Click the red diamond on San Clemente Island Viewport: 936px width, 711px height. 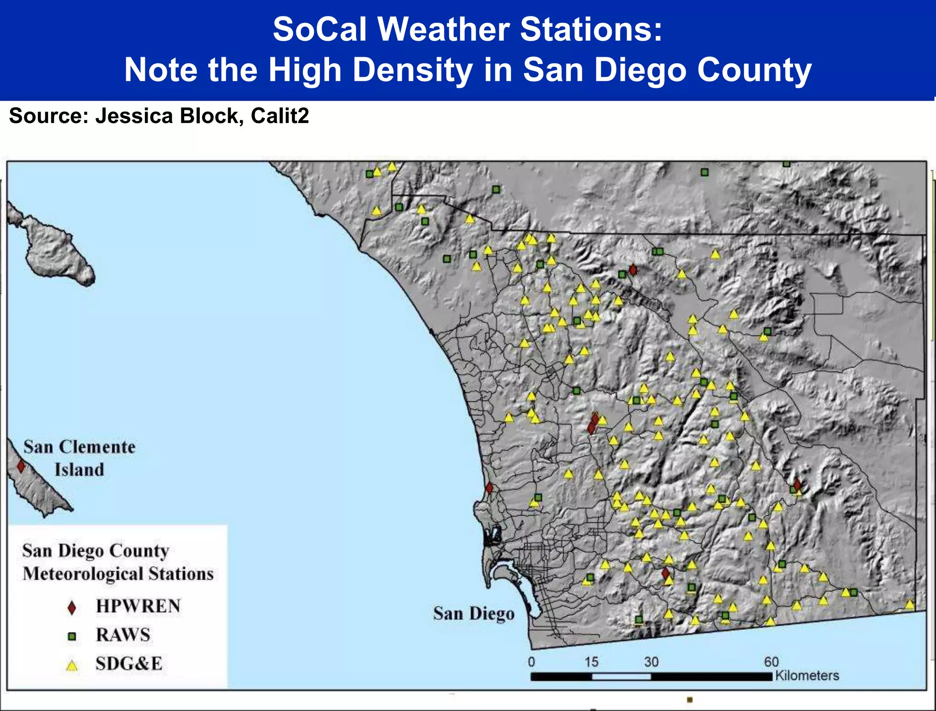(x=21, y=466)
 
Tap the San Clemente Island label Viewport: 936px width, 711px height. (x=80, y=458)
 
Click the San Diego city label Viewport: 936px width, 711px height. (x=473, y=614)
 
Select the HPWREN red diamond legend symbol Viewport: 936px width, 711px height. (x=72, y=608)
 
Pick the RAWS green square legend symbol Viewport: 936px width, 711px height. (x=72, y=636)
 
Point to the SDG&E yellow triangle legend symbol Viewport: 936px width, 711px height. (x=72, y=665)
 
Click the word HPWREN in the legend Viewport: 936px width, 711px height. (x=138, y=606)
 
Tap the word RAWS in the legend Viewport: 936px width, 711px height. (x=123, y=635)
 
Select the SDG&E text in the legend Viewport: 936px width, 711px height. (x=129, y=664)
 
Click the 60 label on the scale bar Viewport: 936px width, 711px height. (x=771, y=662)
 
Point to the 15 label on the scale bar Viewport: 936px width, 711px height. (x=591, y=662)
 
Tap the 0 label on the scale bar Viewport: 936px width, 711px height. (x=531, y=662)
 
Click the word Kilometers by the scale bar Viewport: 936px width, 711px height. (x=807, y=675)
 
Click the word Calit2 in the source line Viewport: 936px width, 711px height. (x=280, y=116)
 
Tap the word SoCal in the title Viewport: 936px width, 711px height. (x=320, y=29)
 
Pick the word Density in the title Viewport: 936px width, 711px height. (x=413, y=70)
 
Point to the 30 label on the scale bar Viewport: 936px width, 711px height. (x=651, y=662)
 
